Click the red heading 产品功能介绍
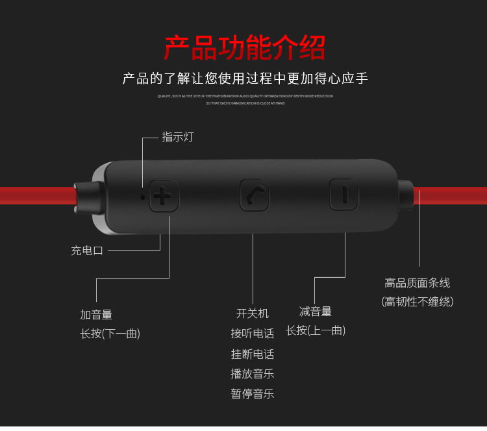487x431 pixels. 244,48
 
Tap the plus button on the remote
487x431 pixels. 164,195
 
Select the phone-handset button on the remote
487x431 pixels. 254,195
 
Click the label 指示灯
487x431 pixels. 177,137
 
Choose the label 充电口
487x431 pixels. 87,251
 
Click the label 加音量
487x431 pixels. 96,315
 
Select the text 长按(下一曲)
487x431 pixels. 110,334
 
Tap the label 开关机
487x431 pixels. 252,314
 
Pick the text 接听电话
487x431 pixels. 252,334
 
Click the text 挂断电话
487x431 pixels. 252,354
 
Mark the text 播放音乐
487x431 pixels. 252,373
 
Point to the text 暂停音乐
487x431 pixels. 252,393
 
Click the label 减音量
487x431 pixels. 316,312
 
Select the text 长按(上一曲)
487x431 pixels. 316,330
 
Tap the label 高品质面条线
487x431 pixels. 417,283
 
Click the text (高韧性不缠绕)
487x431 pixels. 417,302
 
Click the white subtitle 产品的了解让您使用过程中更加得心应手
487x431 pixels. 245,79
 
